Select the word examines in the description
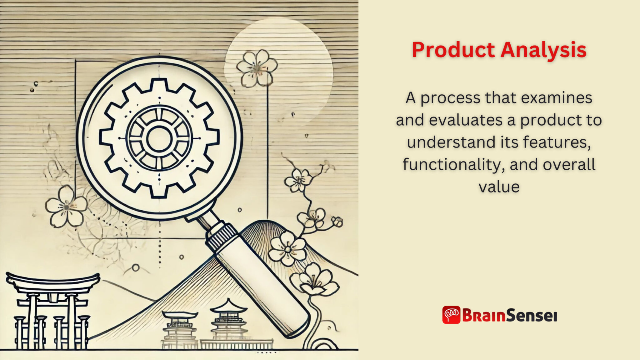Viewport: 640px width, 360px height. (x=557, y=98)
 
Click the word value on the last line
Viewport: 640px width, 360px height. (x=499, y=187)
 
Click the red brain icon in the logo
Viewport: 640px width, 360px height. (x=451, y=315)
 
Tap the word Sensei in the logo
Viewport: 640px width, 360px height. (x=532, y=315)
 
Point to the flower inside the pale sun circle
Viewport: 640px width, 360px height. (x=257, y=68)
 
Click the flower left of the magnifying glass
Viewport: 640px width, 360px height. (x=66, y=206)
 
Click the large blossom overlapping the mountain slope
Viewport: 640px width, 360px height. (x=287, y=249)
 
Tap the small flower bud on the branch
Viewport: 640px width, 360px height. (x=337, y=222)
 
